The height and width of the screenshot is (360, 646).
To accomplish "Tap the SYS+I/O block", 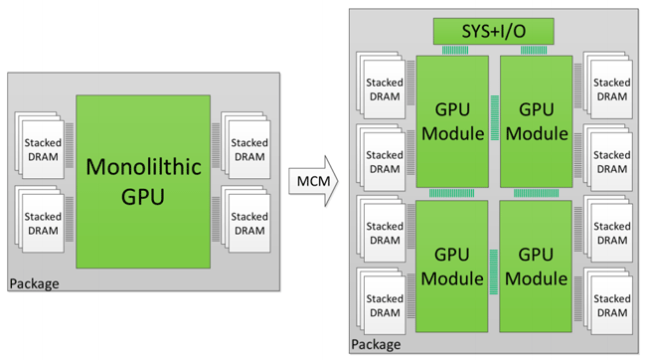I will (493, 30).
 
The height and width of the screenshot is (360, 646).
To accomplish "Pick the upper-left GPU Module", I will (452, 121).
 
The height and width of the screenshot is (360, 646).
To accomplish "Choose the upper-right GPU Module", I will (537, 121).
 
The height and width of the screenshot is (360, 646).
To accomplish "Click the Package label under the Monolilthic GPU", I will (34, 284).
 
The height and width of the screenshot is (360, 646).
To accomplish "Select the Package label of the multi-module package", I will (376, 345).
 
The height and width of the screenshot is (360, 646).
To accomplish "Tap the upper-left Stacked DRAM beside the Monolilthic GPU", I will (41, 149).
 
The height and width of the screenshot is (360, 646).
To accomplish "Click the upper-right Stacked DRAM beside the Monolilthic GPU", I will (249, 149).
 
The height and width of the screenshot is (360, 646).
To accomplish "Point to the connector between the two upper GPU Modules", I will (494, 121).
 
